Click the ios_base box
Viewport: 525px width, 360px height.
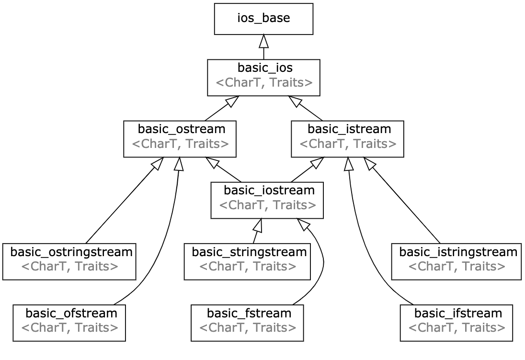pos(263,19)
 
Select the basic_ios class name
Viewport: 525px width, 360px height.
pos(265,68)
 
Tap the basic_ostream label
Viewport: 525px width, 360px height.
pos(182,129)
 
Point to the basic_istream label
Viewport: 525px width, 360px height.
pos(349,129)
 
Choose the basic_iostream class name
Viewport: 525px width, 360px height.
pos(269,191)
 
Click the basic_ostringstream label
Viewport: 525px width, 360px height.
pos(71,252)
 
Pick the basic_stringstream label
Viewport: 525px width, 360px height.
pos(249,252)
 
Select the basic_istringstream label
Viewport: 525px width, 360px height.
pos(458,252)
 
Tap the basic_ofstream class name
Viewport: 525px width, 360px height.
pos(71,314)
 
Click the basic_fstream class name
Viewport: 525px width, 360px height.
pos(249,314)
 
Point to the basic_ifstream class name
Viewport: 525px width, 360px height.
pos(458,314)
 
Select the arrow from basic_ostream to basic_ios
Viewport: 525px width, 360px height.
pos(222,108)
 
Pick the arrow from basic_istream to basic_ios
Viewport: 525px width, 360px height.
pos(305,108)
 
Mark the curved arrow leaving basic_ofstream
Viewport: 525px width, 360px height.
pos(166,241)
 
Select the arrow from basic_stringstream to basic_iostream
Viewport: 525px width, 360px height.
pos(258,231)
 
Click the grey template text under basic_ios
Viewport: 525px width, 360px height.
pos(264,83)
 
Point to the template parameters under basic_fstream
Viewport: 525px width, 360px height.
pos(248,328)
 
